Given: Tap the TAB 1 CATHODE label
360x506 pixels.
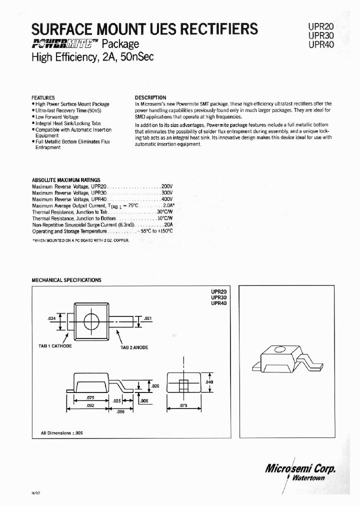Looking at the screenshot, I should [55, 345].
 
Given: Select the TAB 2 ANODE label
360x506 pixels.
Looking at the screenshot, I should [134, 347].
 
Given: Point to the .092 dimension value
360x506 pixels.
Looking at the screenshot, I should [90, 406].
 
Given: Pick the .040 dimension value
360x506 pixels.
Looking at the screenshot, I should [209, 382].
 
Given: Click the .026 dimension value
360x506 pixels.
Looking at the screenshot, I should [155, 385].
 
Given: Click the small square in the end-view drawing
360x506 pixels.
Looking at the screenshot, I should [183, 384].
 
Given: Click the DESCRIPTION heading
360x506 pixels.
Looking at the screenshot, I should [150, 97].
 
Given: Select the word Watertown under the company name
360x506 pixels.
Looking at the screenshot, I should [307, 477].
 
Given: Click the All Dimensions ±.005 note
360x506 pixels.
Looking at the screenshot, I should [61, 433].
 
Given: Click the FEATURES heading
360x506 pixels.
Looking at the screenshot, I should [43, 97].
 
